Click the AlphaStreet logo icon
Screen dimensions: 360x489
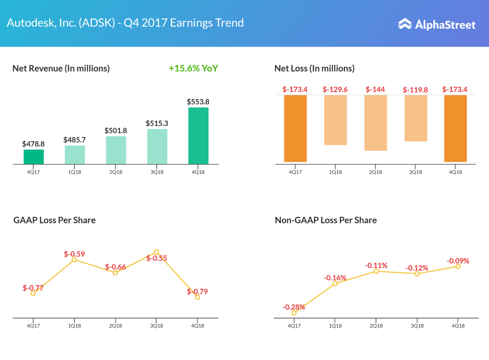pos(404,24)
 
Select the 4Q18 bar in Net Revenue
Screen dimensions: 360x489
pos(198,136)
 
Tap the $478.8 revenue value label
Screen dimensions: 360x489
pos(33,143)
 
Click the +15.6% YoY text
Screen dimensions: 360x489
pos(193,68)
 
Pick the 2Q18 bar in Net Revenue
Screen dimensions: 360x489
pos(116,150)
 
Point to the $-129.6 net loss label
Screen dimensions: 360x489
pos(335,89)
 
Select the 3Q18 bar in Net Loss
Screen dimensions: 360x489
pos(415,118)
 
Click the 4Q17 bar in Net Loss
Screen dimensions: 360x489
pos(295,128)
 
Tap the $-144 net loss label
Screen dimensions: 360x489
pos(375,89)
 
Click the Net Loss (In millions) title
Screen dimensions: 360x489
pos(314,68)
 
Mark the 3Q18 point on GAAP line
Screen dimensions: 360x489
pos(157,252)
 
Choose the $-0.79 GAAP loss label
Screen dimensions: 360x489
pos(197,291)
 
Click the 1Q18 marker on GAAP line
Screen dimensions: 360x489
pos(74,259)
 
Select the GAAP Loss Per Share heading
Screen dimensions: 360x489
pos(54,220)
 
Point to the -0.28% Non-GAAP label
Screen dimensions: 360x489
pos(294,307)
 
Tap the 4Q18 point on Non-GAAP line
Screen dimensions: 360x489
pos(458,266)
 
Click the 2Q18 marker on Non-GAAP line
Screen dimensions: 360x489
pos(376,271)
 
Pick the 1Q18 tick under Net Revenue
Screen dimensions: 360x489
pos(74,172)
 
